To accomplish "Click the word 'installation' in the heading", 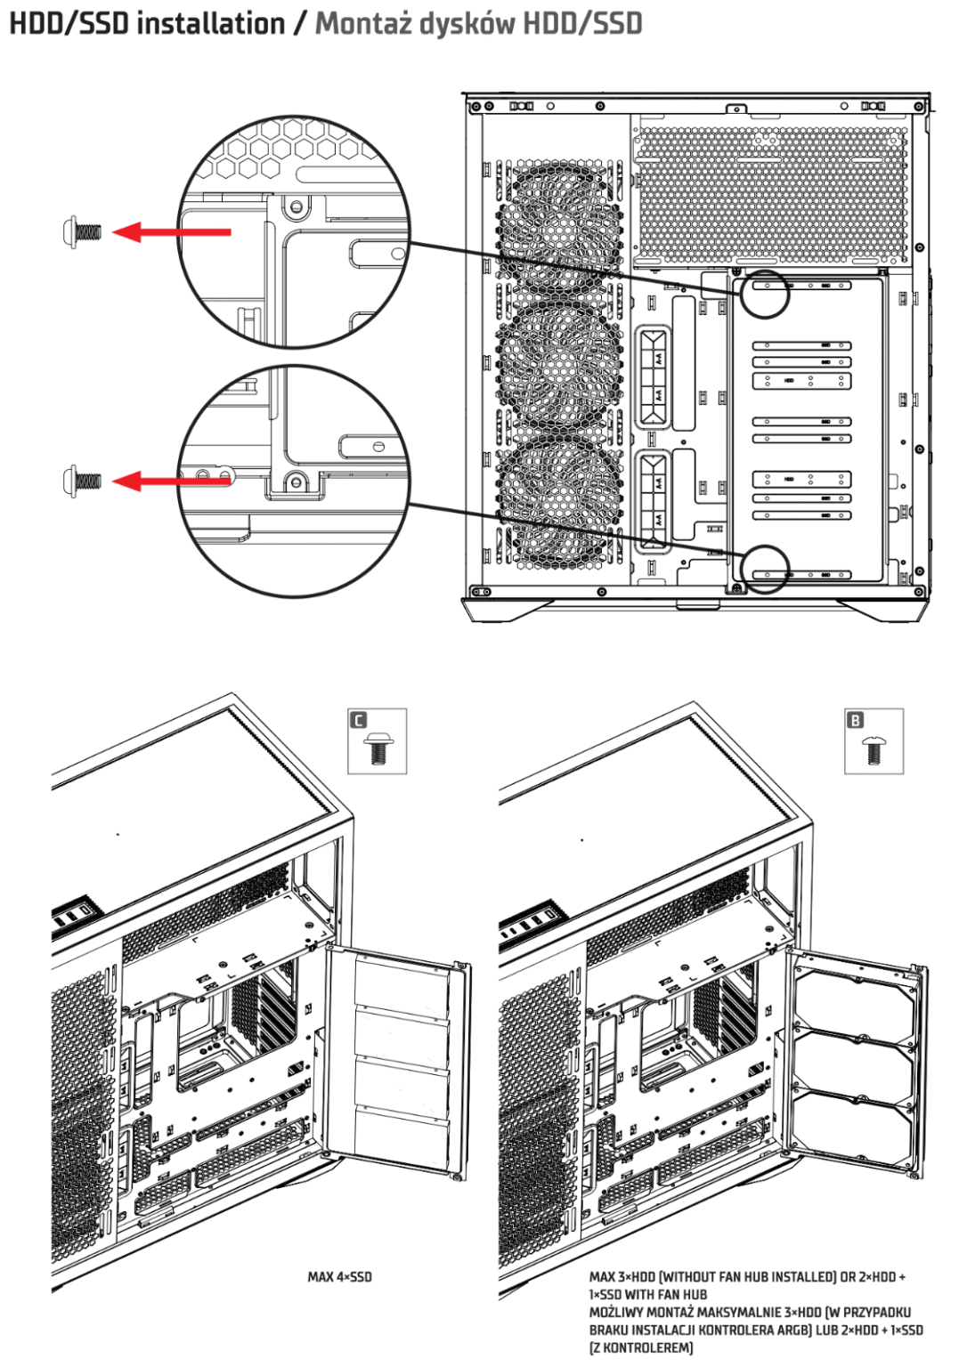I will click(x=210, y=23).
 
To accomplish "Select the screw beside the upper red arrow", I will click(x=82, y=232).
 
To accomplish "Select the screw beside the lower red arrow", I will click(x=82, y=481).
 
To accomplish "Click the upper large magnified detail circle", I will click(x=294, y=231).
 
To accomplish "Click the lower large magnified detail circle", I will click(x=294, y=481).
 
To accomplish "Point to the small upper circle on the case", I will click(x=765, y=294).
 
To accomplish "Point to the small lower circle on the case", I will click(x=765, y=569).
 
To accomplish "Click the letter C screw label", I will click(x=359, y=720).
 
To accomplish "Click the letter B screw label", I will click(x=855, y=720).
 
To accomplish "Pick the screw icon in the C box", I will click(x=378, y=750).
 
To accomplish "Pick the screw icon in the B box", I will click(x=874, y=750).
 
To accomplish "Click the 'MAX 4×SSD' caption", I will click(x=339, y=1277).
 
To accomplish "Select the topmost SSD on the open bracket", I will click(x=402, y=983).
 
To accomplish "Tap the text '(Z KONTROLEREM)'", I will click(x=640, y=1347).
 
